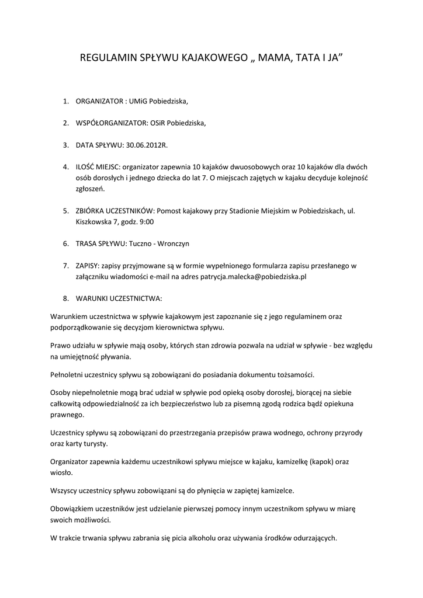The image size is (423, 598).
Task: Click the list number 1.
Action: pos(66,101)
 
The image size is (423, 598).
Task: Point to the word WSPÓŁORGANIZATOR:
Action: pos(108,123)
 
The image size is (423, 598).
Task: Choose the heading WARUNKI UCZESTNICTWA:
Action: pos(119,297)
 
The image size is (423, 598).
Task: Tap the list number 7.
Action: pos(66,265)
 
